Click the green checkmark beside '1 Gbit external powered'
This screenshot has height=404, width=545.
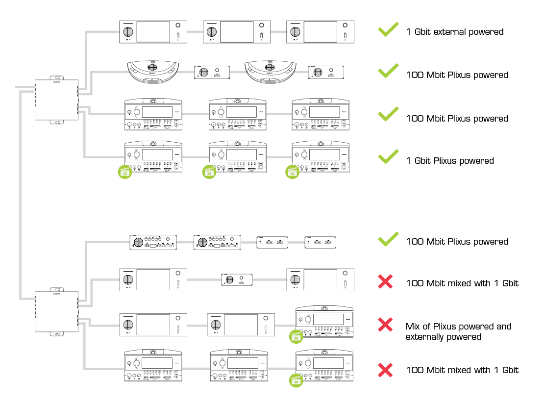[x=388, y=30]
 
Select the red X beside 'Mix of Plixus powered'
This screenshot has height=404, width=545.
[x=386, y=324]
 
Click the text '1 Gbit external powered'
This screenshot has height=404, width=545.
[x=454, y=32]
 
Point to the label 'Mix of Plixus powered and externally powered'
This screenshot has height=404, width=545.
[x=458, y=331]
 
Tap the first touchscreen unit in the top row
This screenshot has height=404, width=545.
[x=153, y=32]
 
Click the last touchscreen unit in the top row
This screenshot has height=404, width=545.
[x=320, y=32]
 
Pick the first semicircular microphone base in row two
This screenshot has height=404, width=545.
[x=152, y=71]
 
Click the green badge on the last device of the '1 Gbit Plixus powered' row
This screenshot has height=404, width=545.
[x=293, y=172]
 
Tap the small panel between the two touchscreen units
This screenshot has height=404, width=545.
[x=237, y=280]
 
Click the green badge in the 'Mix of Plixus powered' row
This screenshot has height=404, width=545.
[x=296, y=336]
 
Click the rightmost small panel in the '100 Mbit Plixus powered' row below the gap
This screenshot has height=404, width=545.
[x=321, y=242]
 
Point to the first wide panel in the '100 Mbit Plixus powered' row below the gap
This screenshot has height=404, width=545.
[x=153, y=242]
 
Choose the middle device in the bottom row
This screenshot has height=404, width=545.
[x=238, y=365]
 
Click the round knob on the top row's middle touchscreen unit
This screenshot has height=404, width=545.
[x=212, y=32]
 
